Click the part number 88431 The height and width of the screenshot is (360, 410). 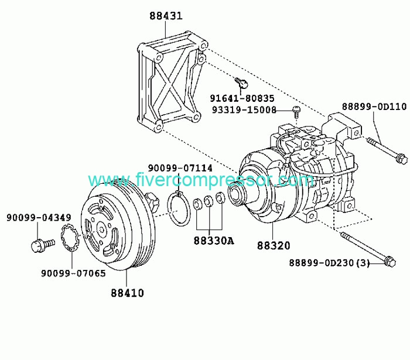[166, 16]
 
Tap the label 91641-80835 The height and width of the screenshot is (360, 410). [242, 98]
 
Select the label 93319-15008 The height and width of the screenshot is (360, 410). [244, 110]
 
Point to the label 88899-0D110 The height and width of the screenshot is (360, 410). [374, 107]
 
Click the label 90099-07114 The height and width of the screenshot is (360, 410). [180, 168]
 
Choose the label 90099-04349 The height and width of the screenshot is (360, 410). [39, 217]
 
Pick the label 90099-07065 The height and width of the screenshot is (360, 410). [73, 273]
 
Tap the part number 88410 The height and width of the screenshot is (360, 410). [128, 293]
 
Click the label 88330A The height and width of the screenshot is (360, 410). [214, 241]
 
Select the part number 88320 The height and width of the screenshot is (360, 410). [274, 246]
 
